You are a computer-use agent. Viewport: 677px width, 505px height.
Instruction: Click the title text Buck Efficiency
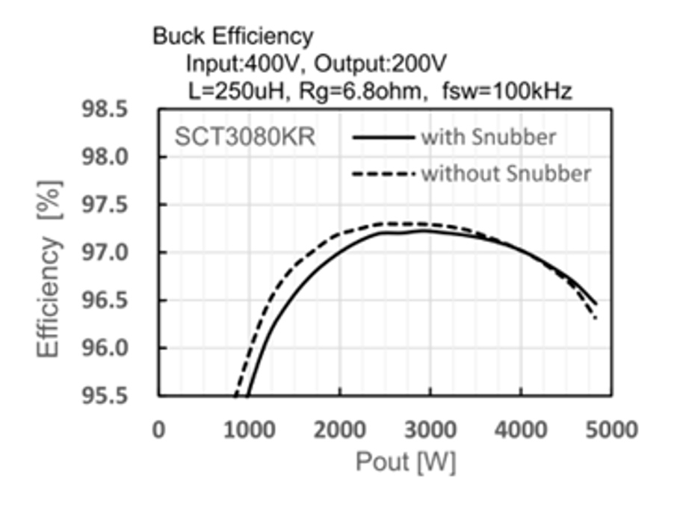tap(232, 35)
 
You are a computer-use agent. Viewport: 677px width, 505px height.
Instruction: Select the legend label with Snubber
tap(488, 137)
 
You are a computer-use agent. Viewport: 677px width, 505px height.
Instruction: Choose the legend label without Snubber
tap(506, 174)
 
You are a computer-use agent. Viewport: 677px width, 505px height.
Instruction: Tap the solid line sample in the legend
tap(383, 137)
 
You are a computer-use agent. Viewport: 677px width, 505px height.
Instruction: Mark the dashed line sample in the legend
tap(383, 174)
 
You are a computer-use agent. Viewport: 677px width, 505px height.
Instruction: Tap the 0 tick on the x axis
tap(158, 430)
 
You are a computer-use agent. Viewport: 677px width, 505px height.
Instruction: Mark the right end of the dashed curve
tap(596, 318)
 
